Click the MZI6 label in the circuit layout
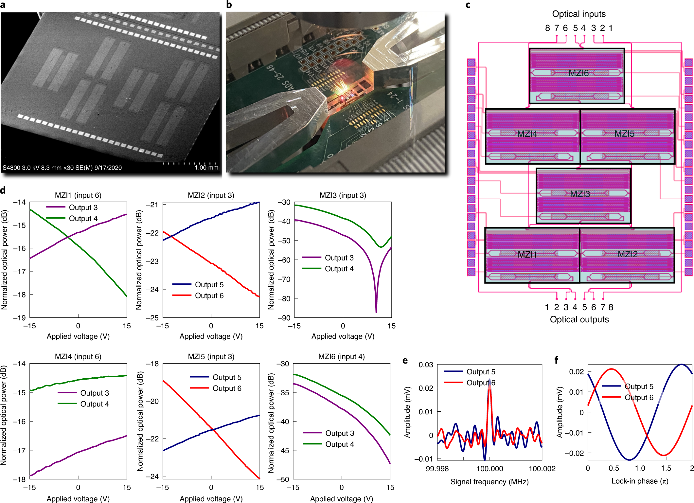(x=578, y=73)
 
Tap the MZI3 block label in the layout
(x=580, y=194)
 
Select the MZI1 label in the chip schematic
(x=527, y=255)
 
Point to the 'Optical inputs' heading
(x=578, y=14)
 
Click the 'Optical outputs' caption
(x=579, y=319)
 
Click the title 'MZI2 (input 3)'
(x=211, y=195)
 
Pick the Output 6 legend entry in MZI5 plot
(x=226, y=388)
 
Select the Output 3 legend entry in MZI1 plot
(x=83, y=207)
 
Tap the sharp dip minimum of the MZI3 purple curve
(x=376, y=312)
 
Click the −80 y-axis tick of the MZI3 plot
(x=284, y=298)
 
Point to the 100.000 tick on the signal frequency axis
(x=489, y=469)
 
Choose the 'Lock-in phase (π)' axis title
(x=640, y=481)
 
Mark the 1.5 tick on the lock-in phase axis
(x=666, y=468)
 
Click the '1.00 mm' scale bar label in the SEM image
(x=206, y=168)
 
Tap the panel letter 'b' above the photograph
(x=229, y=5)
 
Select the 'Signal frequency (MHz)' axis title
(x=489, y=482)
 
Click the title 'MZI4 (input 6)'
(x=78, y=357)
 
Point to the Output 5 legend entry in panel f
(x=639, y=386)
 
